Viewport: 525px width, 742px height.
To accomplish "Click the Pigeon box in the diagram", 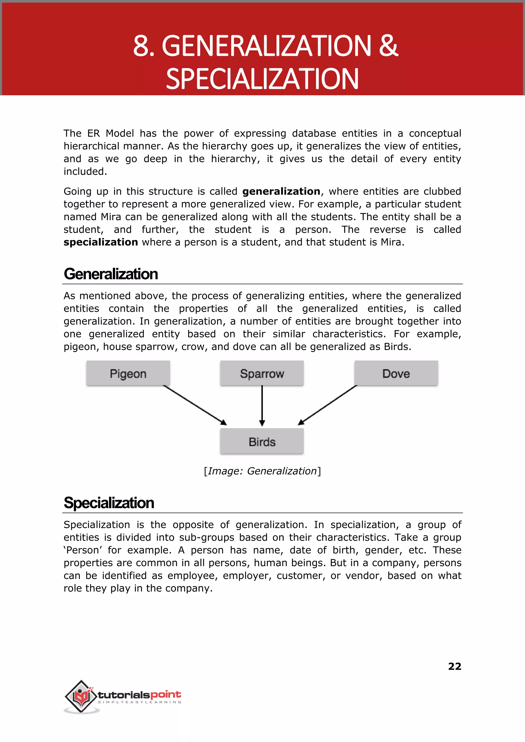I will tap(128, 373).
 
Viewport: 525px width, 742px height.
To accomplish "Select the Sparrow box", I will tap(262, 373).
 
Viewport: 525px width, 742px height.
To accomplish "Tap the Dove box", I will tap(396, 373).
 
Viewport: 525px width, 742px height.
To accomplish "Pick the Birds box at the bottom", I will tap(262, 442).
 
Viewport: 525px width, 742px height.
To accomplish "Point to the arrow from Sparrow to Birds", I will tap(262, 406).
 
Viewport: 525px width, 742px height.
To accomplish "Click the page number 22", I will tap(455, 666).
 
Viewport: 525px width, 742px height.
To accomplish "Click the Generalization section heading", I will tap(111, 274).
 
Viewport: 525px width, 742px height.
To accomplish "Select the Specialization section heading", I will tap(109, 503).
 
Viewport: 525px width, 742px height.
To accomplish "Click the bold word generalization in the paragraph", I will tap(281, 192).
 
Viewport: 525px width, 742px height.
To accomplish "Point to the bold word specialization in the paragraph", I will tap(100, 242).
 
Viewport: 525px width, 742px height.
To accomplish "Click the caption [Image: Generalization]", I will tap(262, 471).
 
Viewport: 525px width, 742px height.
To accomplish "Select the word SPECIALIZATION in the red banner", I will tap(262, 79).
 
